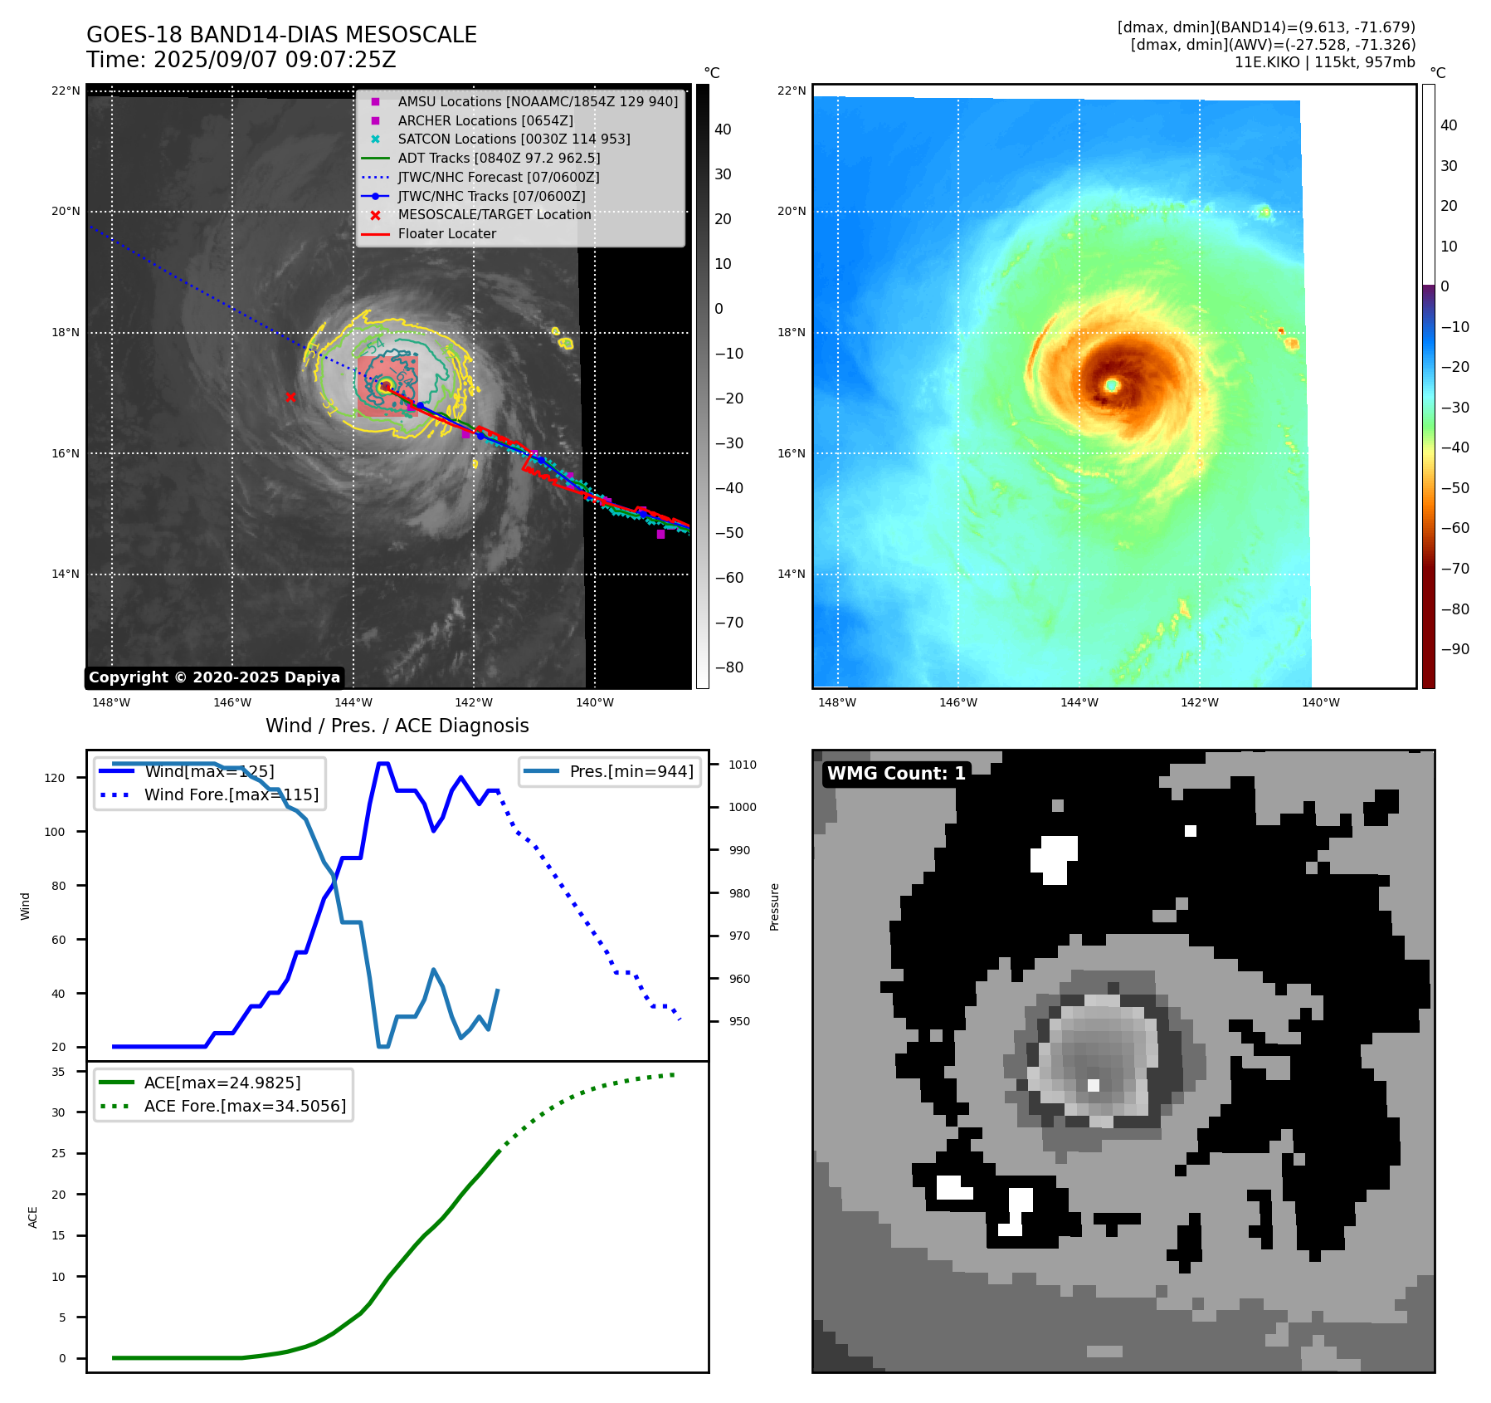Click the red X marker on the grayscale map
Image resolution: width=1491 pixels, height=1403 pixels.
[290, 398]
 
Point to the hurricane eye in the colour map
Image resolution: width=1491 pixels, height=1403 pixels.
[1112, 385]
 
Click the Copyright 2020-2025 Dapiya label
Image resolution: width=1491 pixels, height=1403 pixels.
[214, 677]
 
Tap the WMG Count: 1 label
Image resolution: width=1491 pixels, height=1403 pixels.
[896, 774]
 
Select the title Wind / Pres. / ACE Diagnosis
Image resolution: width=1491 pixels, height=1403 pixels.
[397, 726]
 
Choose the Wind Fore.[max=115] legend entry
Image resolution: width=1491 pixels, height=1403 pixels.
[231, 794]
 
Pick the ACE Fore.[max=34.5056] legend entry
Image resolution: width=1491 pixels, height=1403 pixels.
[245, 1106]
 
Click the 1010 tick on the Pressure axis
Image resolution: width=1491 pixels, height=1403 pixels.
[743, 765]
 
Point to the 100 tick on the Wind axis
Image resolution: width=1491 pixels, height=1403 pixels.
[55, 832]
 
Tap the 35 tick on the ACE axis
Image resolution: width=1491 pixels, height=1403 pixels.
[58, 1072]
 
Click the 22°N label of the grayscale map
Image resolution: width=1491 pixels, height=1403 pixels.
[66, 90]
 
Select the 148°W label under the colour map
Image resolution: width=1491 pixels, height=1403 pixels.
[836, 702]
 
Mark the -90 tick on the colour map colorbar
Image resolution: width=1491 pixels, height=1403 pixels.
[1454, 649]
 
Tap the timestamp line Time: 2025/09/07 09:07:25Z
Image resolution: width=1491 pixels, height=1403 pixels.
[241, 60]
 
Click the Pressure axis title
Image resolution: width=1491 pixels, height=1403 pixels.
[774, 907]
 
